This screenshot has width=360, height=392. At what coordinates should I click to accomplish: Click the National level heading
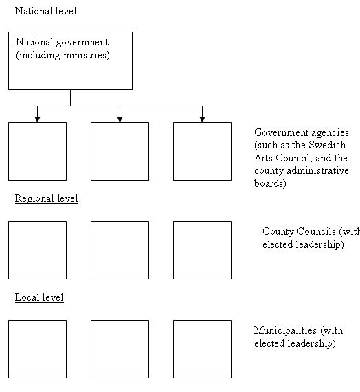[45, 11]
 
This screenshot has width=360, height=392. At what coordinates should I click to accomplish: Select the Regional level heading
[47, 199]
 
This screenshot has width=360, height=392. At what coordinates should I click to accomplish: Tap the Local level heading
[39, 297]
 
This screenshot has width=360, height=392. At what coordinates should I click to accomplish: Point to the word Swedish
[327, 145]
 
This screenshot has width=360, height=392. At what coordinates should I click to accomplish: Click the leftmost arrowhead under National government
[37, 119]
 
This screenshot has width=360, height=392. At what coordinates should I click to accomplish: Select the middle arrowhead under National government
[120, 119]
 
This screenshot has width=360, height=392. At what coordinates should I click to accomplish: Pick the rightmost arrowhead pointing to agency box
[202, 119]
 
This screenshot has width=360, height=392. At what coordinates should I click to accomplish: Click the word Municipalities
[285, 331]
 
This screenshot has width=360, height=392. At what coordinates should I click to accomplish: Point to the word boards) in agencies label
[270, 183]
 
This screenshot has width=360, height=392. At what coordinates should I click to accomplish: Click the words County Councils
[299, 231]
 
